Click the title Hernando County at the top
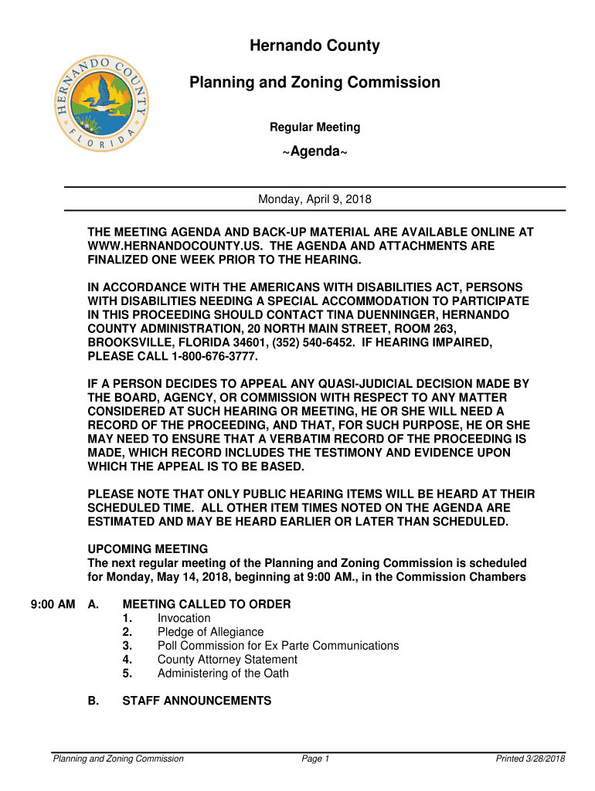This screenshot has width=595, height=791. click(314, 46)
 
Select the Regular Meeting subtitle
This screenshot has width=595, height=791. click(314, 127)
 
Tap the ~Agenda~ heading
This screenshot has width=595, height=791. click(314, 151)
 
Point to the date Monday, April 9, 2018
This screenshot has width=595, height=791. click(314, 199)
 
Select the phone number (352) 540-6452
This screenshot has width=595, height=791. click(299, 343)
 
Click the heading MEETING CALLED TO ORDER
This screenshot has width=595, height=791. click(206, 604)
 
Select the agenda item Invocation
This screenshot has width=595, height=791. click(184, 618)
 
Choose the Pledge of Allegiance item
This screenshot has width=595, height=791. click(210, 632)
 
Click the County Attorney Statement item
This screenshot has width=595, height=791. click(227, 660)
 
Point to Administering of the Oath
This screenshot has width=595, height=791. click(223, 674)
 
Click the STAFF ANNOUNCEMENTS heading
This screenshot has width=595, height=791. click(197, 701)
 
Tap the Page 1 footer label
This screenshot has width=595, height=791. click(316, 759)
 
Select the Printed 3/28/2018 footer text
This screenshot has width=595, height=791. click(531, 759)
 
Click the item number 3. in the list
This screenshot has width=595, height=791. click(127, 646)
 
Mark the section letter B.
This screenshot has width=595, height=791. click(93, 701)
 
